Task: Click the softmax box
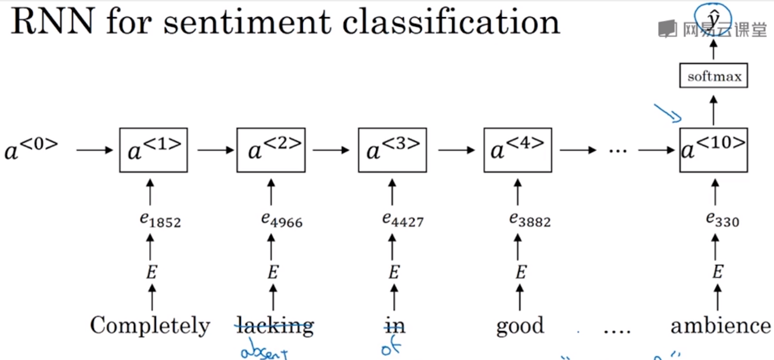pyautogui.click(x=713, y=76)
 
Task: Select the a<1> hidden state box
pyautogui.click(x=153, y=150)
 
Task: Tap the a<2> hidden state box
pyautogui.click(x=271, y=150)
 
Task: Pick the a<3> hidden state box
pyautogui.click(x=393, y=150)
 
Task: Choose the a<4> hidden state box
pyautogui.click(x=518, y=150)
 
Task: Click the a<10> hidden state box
pyautogui.click(x=714, y=150)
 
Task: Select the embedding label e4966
pyautogui.click(x=282, y=220)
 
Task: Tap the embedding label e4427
pyautogui.click(x=403, y=220)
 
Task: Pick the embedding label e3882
pyautogui.click(x=530, y=220)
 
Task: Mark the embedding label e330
pyautogui.click(x=722, y=219)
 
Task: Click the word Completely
pyautogui.click(x=150, y=326)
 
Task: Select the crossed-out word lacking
pyautogui.click(x=274, y=326)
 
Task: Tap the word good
pyautogui.click(x=520, y=326)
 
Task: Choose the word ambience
pyautogui.click(x=721, y=326)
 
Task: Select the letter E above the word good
pyautogui.click(x=521, y=272)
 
